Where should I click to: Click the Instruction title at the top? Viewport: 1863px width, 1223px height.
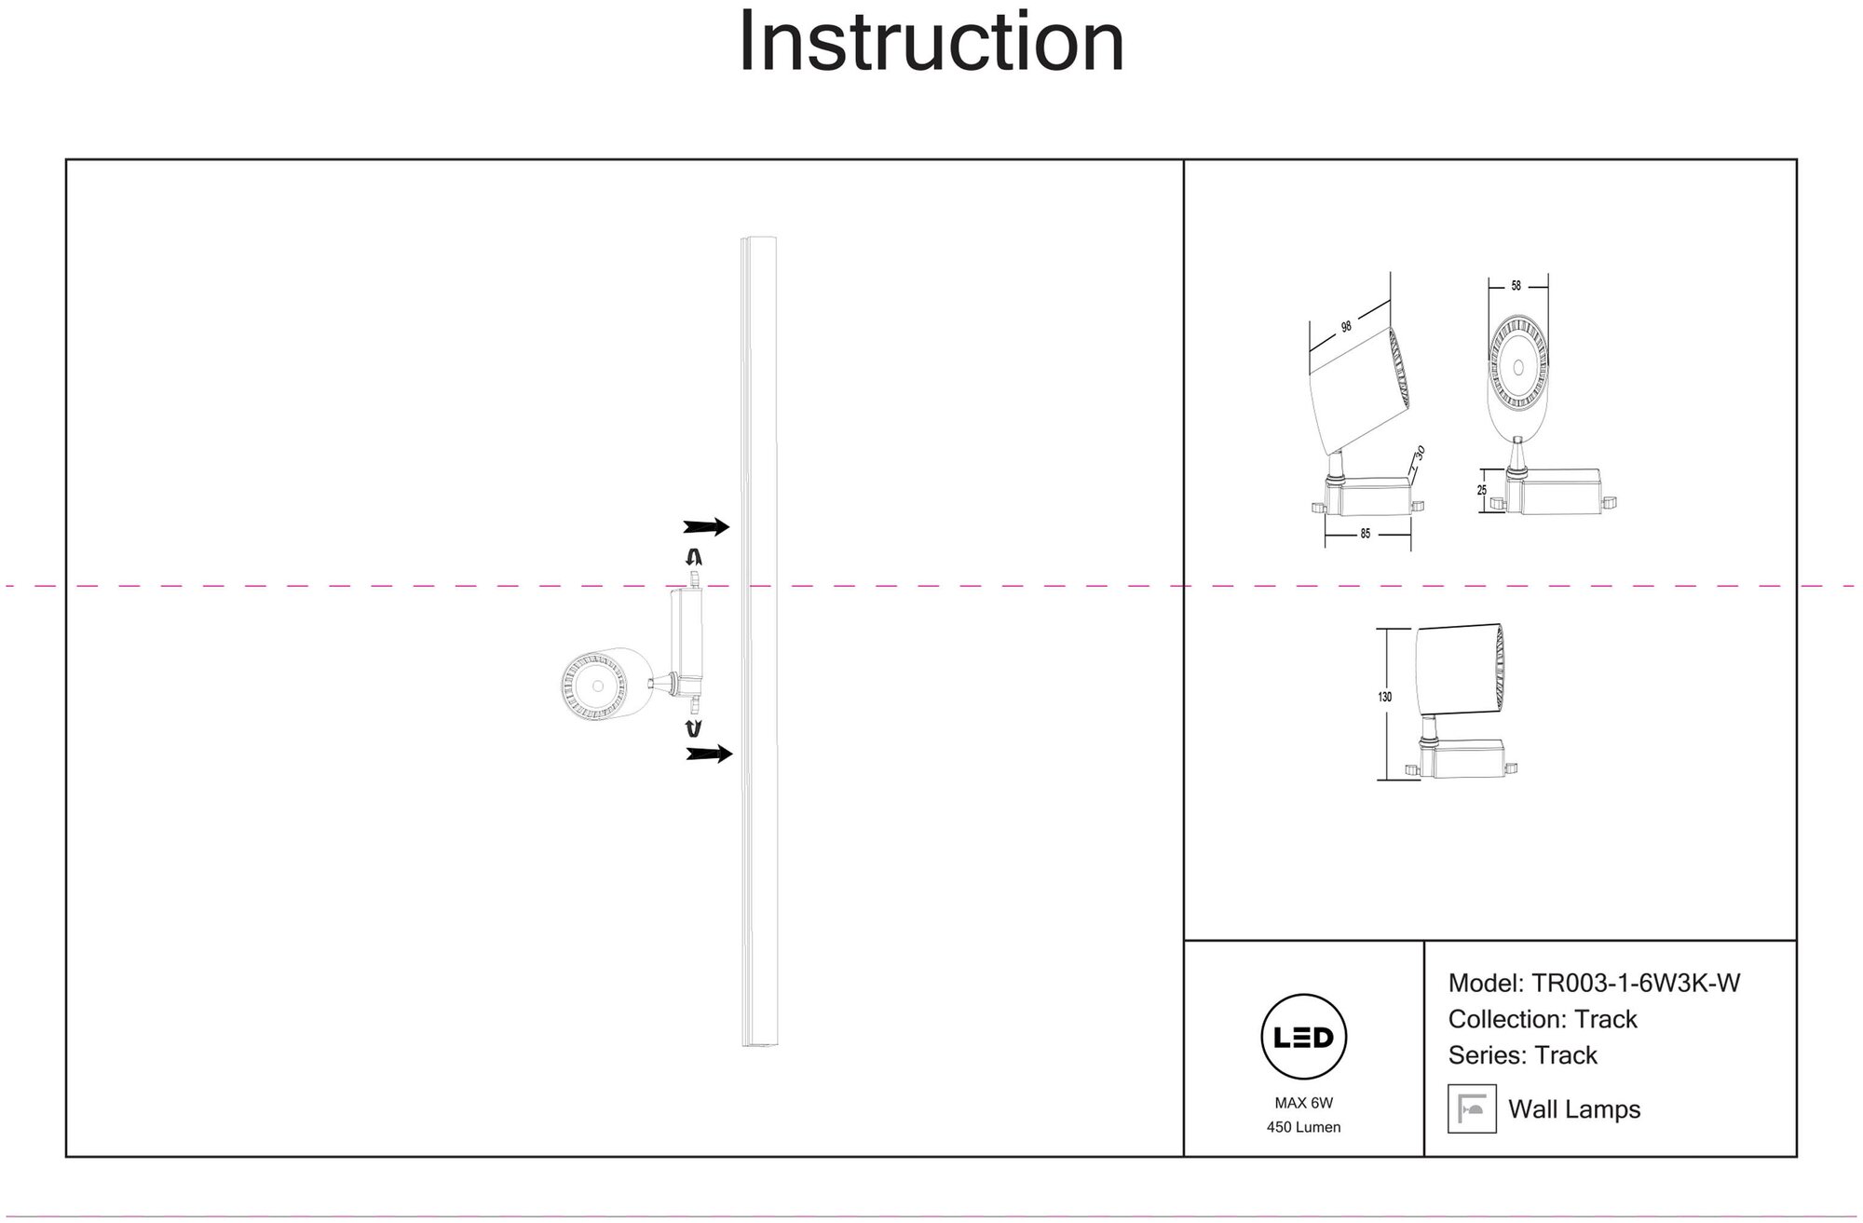[931, 43]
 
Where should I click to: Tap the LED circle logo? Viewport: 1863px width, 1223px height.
[1303, 1037]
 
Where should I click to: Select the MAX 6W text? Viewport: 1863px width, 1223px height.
[1303, 1103]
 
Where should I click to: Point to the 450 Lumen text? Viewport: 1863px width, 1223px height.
[1303, 1127]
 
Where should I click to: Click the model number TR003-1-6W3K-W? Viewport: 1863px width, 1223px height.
[1636, 984]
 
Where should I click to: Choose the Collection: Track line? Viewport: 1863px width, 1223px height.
[1542, 1019]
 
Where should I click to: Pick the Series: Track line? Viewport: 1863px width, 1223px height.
[1522, 1055]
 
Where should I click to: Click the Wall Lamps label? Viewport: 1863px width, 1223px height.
[1574, 1109]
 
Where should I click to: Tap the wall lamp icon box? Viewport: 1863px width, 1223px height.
[1472, 1108]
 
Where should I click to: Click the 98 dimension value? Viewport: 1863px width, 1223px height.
[1346, 327]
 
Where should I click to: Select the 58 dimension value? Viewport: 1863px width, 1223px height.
[1516, 286]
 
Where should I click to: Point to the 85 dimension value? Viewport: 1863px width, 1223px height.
[1366, 535]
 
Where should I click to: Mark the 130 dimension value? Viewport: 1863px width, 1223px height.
[1385, 697]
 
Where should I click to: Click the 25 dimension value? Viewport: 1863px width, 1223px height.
[1482, 490]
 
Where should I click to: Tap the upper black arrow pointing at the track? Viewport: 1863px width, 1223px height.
[706, 527]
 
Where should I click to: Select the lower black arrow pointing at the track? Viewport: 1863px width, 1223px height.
[708, 754]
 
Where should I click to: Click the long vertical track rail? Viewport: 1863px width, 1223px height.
[758, 643]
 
